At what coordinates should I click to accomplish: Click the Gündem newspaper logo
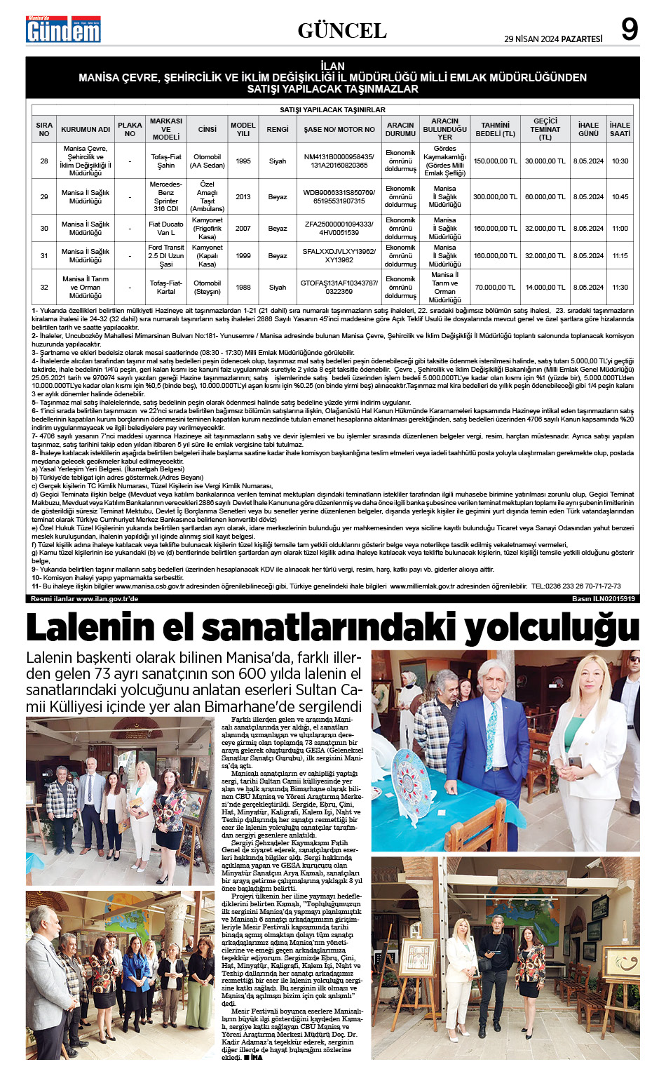pyautogui.click(x=63, y=29)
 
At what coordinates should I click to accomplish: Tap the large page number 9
pyautogui.click(x=629, y=29)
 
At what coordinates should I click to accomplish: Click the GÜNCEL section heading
pyautogui.click(x=342, y=31)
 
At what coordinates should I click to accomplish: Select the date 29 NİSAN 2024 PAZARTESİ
pyautogui.click(x=553, y=39)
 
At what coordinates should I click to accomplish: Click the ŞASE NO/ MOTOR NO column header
pyautogui.click(x=339, y=129)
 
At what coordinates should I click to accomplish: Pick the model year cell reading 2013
pyautogui.click(x=243, y=197)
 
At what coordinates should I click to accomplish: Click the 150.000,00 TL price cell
pyautogui.click(x=495, y=161)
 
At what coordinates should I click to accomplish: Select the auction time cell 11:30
pyautogui.click(x=620, y=288)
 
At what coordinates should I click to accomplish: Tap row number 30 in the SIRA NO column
pyautogui.click(x=44, y=229)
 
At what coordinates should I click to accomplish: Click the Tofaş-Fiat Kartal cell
pyautogui.click(x=166, y=288)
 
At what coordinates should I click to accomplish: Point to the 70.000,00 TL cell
pyautogui.click(x=495, y=288)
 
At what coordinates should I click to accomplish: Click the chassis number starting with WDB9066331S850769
pyautogui.click(x=339, y=192)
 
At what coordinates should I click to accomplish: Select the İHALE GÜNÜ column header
pyautogui.click(x=588, y=129)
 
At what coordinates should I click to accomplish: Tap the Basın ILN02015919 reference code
pyautogui.click(x=604, y=599)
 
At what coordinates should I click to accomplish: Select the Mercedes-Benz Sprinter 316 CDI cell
pyautogui.click(x=166, y=197)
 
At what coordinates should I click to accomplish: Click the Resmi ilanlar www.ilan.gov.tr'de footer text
pyautogui.click(x=84, y=599)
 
